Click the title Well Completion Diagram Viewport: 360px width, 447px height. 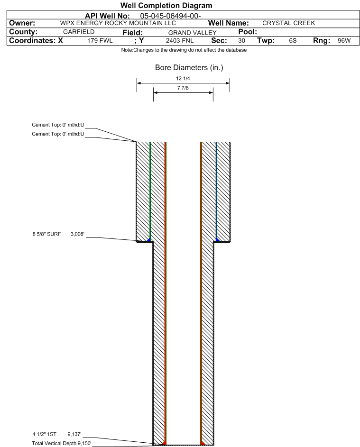click(x=166, y=5)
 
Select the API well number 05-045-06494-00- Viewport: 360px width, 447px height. click(x=171, y=16)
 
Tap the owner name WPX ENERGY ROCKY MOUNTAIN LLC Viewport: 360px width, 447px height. click(x=118, y=23)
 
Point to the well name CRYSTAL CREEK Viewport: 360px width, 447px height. click(x=289, y=23)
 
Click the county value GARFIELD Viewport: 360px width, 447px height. click(x=79, y=32)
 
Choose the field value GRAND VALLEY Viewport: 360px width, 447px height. click(x=192, y=33)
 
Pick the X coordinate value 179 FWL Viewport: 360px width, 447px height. click(x=100, y=41)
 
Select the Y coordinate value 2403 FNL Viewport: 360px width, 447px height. click(x=180, y=41)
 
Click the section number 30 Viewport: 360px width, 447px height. click(x=241, y=41)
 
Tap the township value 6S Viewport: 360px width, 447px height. click(x=293, y=41)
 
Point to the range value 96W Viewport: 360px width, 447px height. click(x=344, y=41)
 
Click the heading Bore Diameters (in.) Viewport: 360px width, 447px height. click(x=189, y=68)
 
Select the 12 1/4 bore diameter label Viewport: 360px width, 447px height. click(x=183, y=78)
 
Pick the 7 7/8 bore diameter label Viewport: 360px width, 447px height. click(x=183, y=88)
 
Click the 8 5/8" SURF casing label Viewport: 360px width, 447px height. click(x=46, y=234)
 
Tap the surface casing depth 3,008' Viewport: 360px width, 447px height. click(x=78, y=234)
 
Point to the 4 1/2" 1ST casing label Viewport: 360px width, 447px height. click(x=45, y=434)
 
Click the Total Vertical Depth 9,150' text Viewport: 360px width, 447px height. click(x=62, y=443)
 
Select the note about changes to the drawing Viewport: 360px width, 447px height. click(x=184, y=50)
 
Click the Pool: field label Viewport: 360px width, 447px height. click(x=248, y=32)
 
